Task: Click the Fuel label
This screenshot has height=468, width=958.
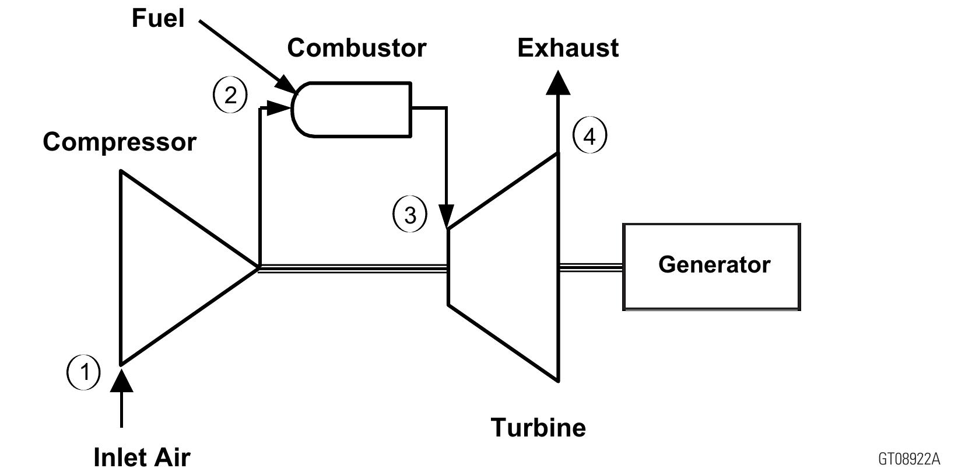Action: point(157,18)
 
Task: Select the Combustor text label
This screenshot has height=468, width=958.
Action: point(356,48)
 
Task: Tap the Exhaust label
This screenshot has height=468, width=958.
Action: point(567,48)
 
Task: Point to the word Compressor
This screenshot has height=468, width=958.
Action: point(120,142)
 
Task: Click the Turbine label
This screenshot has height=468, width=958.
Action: point(538,427)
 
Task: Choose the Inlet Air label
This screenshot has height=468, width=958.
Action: point(142,456)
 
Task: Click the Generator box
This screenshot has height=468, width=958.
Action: point(711,267)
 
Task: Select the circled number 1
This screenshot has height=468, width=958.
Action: point(83,372)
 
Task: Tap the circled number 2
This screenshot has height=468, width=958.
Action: point(230,95)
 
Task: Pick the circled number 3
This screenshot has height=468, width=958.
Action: point(410,215)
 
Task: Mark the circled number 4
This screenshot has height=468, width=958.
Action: point(589,136)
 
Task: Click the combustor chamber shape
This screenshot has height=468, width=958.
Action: point(353,110)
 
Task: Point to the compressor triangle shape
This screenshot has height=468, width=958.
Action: point(169,267)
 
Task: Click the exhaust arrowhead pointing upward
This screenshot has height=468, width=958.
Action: point(558,82)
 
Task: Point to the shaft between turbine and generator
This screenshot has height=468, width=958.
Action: point(590,267)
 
